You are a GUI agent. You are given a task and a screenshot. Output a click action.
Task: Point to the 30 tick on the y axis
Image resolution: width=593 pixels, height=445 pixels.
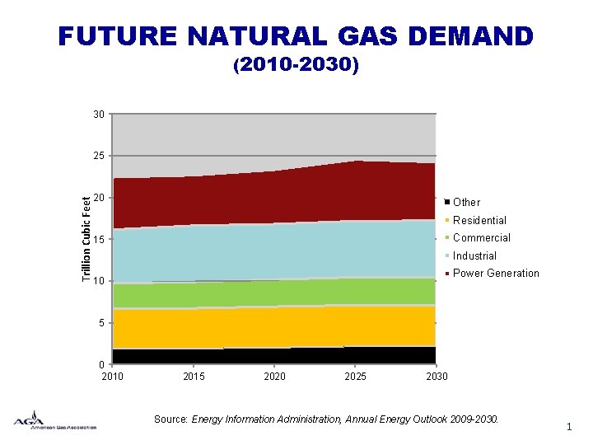[x=99, y=114]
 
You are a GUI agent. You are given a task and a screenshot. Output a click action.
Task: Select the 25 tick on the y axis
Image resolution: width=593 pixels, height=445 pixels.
[x=99, y=156]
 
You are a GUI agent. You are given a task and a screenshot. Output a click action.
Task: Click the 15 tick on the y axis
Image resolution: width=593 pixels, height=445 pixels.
[x=99, y=240]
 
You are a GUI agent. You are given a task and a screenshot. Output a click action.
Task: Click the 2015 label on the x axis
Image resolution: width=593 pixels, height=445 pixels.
[x=194, y=377]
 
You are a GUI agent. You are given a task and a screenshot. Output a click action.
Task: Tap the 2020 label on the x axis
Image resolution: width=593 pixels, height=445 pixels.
[x=274, y=377]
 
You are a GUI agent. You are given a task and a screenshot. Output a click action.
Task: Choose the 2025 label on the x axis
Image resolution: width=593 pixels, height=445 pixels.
[x=356, y=377]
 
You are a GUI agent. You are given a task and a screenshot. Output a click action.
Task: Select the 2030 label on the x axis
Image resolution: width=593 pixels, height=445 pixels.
[x=437, y=377]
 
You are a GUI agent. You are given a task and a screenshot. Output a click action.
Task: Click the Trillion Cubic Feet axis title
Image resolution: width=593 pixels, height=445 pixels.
[x=86, y=235]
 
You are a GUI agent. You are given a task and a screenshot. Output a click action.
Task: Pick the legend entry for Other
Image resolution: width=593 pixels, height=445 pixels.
[x=466, y=202]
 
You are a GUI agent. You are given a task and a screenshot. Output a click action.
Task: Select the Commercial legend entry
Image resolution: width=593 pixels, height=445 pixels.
[x=481, y=237]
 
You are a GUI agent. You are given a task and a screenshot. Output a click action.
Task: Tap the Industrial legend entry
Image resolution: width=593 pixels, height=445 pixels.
[x=474, y=255]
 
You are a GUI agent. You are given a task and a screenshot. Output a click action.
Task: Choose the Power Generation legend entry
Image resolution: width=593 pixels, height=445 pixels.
[x=496, y=273]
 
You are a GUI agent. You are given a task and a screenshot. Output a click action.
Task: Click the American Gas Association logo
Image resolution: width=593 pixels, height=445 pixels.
[x=54, y=420]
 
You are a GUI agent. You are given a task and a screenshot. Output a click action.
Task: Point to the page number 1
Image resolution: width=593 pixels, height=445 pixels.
[x=568, y=426]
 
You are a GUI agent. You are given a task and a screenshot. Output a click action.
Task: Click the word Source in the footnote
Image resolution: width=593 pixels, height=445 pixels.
[x=170, y=419]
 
